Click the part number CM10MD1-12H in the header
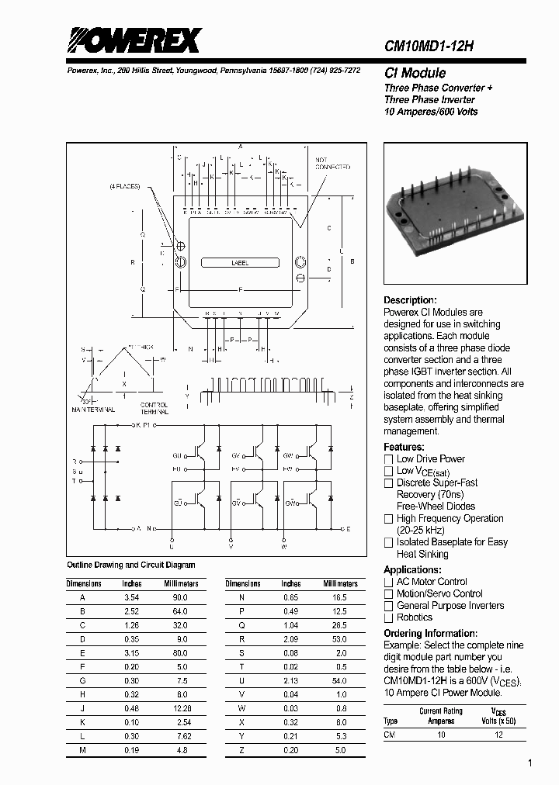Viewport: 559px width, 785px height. pos(429,47)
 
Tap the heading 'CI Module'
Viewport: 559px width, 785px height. pos(415,74)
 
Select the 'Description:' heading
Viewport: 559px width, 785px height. pos(411,300)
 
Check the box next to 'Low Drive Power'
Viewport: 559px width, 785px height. pos(389,459)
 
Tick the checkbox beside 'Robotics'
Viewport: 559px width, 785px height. pos(389,617)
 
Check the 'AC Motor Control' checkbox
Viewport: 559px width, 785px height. pos(389,582)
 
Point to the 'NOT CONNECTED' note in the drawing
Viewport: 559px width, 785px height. pos(332,164)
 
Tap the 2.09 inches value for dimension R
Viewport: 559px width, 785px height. pos(291,640)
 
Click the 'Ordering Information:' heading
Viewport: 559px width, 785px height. pos(431,634)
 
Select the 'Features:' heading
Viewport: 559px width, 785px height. pos(404,447)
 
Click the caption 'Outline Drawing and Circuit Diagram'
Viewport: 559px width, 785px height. pos(131,565)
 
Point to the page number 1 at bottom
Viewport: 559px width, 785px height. pos(529,764)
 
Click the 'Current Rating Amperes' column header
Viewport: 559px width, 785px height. pos(440,715)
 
